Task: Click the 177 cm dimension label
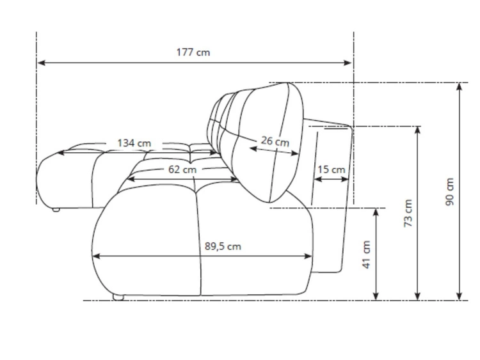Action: (193, 52)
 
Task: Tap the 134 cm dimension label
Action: (134, 143)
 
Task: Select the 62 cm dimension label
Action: (182, 169)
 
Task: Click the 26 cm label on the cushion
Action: (275, 141)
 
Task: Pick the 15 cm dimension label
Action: (332, 169)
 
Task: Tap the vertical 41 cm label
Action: (367, 254)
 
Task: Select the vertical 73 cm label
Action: (408, 213)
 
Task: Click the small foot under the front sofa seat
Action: (116, 297)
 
